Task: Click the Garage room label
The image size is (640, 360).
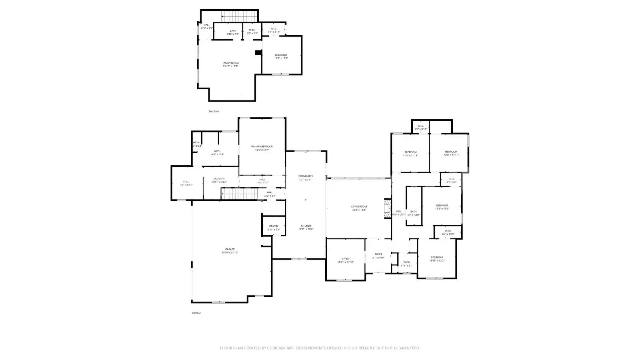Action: [x=230, y=249]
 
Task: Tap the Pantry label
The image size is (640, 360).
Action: [x=274, y=226]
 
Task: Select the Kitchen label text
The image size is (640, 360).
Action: [x=306, y=226]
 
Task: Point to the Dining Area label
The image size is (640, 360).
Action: [x=306, y=176]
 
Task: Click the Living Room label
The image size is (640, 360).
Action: [x=359, y=206]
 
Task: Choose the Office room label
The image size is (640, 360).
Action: [x=346, y=259]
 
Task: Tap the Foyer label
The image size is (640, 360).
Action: [x=378, y=254]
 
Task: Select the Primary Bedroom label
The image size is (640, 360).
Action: [x=262, y=146]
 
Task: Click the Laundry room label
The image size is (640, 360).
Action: [x=219, y=179]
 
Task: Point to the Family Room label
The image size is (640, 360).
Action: [x=230, y=63]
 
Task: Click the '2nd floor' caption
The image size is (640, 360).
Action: [x=214, y=111]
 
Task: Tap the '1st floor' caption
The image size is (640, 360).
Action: [x=196, y=313]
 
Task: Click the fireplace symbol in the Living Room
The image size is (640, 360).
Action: [x=387, y=208]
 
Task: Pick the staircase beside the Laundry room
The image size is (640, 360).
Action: [x=239, y=194]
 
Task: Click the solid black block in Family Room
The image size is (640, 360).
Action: [x=258, y=52]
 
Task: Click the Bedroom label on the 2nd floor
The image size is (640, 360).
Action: [x=281, y=55]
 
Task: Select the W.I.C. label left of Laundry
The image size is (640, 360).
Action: [x=186, y=182]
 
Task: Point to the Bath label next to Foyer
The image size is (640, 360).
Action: [x=406, y=262]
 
